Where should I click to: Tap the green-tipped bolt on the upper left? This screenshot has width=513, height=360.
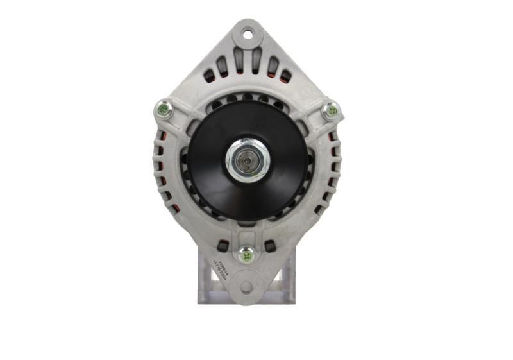[164, 110]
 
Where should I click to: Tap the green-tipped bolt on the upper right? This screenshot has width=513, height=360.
[332, 110]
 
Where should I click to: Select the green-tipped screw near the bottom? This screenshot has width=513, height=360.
[246, 254]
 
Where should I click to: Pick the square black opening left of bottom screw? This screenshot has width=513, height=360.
[223, 246]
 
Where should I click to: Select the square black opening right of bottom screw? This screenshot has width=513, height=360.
[270, 246]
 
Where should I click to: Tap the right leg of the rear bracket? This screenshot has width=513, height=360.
[288, 282]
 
